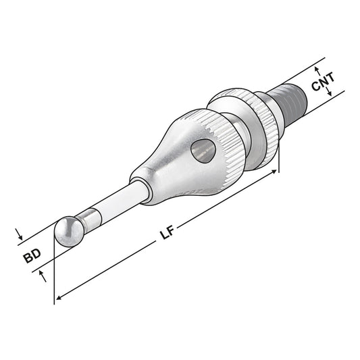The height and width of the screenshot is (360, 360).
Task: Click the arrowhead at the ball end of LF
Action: [59, 296]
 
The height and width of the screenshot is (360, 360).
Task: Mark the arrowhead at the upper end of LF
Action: [274, 173]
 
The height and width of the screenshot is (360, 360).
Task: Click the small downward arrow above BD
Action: [20, 238]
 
